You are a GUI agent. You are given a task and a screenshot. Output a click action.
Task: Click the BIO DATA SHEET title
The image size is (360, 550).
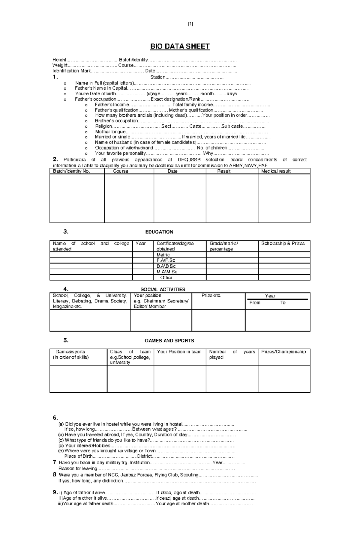[x=180, y=46]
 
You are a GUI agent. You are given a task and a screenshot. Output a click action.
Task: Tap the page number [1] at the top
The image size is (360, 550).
[x=190, y=24]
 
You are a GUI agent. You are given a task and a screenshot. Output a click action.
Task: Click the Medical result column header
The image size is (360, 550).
[x=276, y=171]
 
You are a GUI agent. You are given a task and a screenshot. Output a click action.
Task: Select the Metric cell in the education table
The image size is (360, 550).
[x=163, y=255]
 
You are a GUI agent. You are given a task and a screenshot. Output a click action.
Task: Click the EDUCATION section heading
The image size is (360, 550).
[x=159, y=232]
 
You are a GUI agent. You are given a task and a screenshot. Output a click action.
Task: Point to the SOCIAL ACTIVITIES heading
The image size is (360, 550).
[x=163, y=289]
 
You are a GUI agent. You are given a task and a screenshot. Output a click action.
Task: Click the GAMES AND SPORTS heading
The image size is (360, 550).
[x=169, y=340]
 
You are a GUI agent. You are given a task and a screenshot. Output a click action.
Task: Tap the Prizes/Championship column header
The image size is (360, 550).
[x=283, y=352]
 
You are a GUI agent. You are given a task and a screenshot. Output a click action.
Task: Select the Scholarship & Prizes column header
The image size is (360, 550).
[x=283, y=243]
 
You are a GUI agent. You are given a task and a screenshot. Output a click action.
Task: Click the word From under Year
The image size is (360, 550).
[x=255, y=303]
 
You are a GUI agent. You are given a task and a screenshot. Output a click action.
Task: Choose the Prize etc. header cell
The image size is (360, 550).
[x=211, y=296]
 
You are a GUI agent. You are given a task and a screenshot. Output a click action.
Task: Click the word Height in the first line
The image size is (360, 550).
[x=59, y=60]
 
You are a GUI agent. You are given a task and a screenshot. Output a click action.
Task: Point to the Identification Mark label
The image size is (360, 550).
[x=71, y=71]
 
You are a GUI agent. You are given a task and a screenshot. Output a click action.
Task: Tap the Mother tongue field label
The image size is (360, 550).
[x=110, y=132]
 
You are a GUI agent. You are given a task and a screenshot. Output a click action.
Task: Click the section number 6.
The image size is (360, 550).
[x=55, y=418]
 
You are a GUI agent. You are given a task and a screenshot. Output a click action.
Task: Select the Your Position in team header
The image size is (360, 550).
[x=179, y=352]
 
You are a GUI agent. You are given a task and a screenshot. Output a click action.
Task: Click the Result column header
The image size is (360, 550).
[x=223, y=171]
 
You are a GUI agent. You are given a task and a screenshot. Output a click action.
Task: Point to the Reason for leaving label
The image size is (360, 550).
[x=78, y=468]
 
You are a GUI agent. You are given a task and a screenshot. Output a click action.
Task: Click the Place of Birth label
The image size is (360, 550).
[x=78, y=456]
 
